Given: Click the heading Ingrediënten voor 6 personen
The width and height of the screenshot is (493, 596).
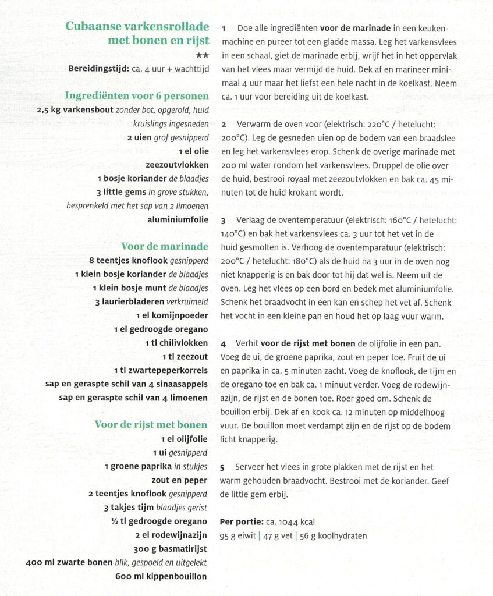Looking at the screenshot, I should pyautogui.click(x=137, y=95).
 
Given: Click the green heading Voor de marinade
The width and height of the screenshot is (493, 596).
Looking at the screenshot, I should pyautogui.click(x=164, y=246).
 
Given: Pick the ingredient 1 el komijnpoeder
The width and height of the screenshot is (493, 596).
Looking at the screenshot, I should pyautogui.click(x=172, y=315).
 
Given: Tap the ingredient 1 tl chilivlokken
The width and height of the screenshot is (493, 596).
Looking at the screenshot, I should pyautogui.click(x=176, y=343).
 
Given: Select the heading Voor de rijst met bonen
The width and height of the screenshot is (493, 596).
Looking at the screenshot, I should pyautogui.click(x=151, y=424).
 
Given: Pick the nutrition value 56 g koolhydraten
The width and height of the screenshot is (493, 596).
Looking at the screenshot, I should pyautogui.click(x=334, y=536).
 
